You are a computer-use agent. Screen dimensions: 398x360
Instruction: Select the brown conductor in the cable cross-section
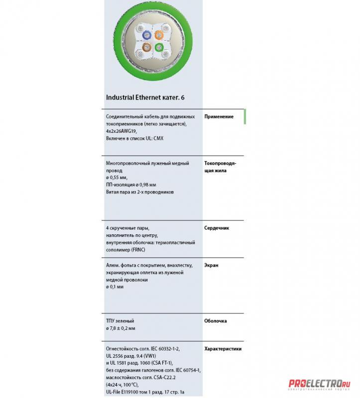tap(146, 47)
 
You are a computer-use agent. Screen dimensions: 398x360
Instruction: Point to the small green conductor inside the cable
tap(159, 47)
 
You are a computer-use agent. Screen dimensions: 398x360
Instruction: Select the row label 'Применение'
tap(219, 116)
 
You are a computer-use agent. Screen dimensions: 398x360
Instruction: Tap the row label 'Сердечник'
tap(217, 228)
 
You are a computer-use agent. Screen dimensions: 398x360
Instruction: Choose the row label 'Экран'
tap(212, 265)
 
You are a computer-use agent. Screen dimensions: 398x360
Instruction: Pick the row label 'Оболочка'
tap(216, 321)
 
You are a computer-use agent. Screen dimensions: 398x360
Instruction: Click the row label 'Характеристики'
tap(223, 349)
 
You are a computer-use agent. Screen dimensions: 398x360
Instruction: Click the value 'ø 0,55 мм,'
tap(117, 177)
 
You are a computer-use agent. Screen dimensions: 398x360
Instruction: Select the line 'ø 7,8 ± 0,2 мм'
tap(121, 328)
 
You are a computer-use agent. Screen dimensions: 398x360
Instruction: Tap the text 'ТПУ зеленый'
tap(120, 321)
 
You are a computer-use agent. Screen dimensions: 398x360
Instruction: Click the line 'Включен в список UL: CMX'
tap(134, 138)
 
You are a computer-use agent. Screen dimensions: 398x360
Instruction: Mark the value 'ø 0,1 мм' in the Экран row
tap(115, 287)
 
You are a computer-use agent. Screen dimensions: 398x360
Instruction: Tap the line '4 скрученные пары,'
tap(127, 228)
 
